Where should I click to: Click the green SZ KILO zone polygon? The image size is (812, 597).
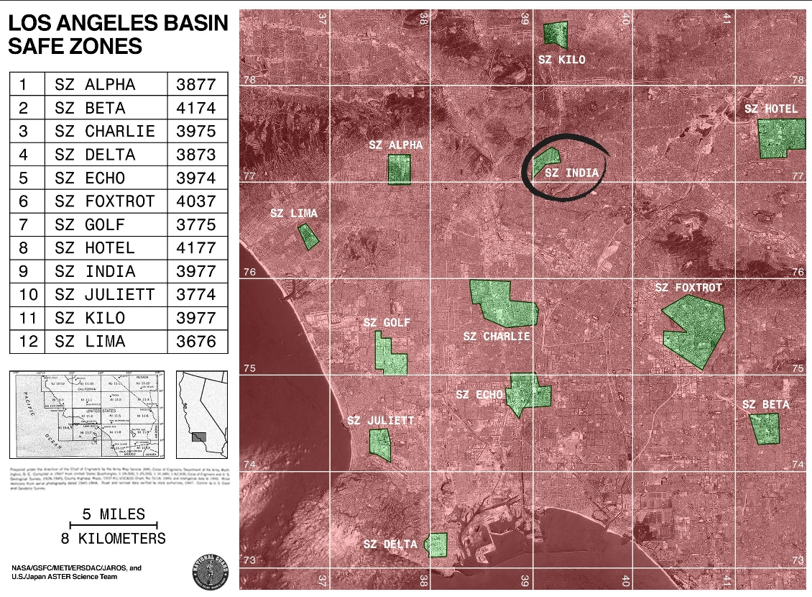point(555,34)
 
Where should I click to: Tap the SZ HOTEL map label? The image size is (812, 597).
point(771,109)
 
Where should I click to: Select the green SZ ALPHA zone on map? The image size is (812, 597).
point(399,169)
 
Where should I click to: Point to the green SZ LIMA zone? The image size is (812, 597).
point(308,237)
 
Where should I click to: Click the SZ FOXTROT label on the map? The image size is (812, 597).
point(688,288)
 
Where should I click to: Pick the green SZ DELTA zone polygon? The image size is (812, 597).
point(437,544)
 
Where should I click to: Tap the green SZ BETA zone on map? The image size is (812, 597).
point(765,429)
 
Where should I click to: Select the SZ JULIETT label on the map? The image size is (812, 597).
point(381,421)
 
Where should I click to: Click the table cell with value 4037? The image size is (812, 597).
point(196,201)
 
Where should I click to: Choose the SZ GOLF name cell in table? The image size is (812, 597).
point(105,225)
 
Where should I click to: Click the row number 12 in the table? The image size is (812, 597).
point(27,342)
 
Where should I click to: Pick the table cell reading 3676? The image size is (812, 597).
point(196,342)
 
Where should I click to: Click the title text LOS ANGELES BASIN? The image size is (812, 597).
point(118,24)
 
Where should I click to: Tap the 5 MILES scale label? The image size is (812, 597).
point(114,514)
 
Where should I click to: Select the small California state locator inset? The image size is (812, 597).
point(201,414)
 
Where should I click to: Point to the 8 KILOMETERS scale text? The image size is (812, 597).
point(114,539)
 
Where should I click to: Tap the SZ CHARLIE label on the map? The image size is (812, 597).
point(497,337)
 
